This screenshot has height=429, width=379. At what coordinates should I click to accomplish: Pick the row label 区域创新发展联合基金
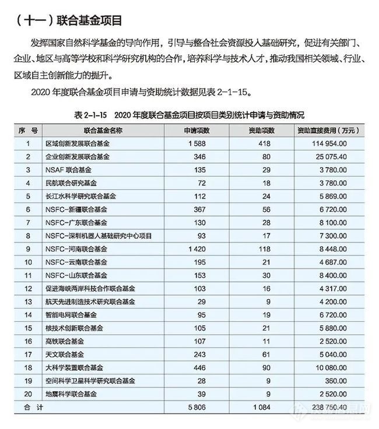[78, 143]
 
